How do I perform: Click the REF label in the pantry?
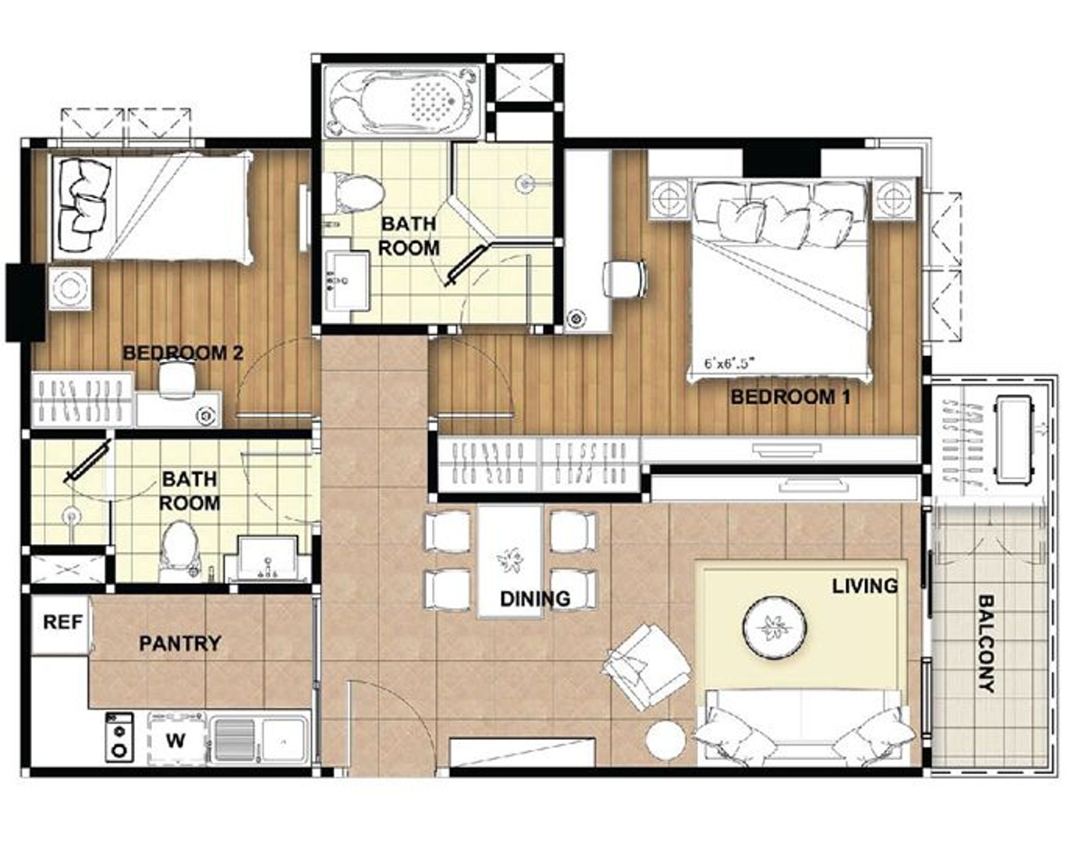pyautogui.click(x=62, y=622)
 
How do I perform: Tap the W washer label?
pyautogui.click(x=175, y=741)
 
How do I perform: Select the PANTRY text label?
pyautogui.click(x=180, y=644)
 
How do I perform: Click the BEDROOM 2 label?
pyautogui.click(x=183, y=353)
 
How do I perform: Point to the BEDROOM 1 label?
pyautogui.click(x=791, y=397)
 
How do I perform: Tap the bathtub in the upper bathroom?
pyautogui.click(x=402, y=101)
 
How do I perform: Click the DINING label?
pyautogui.click(x=535, y=599)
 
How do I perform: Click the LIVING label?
pyautogui.click(x=865, y=586)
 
